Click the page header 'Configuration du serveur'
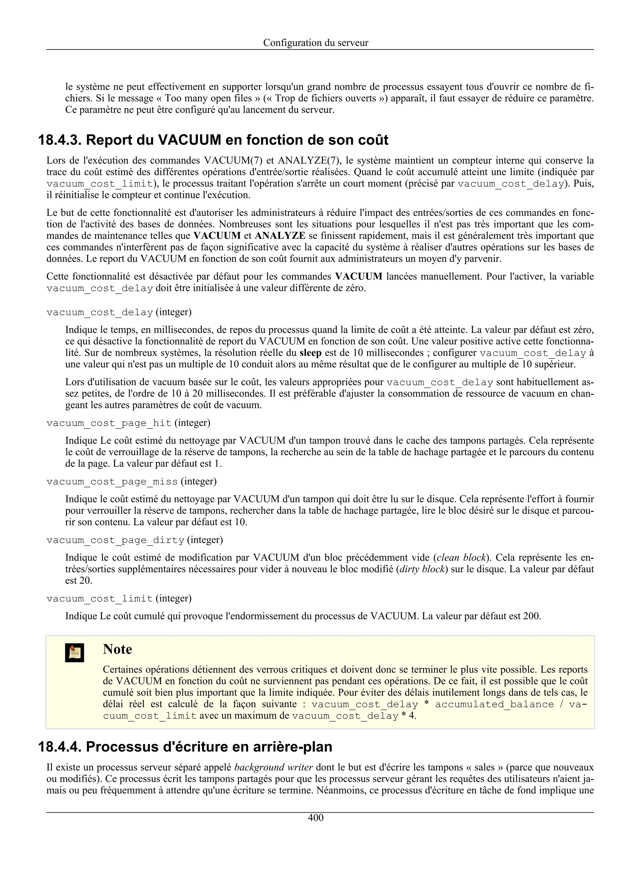tap(316, 43)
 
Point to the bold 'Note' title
tap(117, 649)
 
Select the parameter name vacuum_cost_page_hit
tap(109, 423)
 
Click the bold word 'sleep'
tap(310, 353)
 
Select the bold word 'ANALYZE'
tap(280, 235)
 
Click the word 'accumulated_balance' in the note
tap(494, 704)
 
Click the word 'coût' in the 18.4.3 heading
tap(373, 140)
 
